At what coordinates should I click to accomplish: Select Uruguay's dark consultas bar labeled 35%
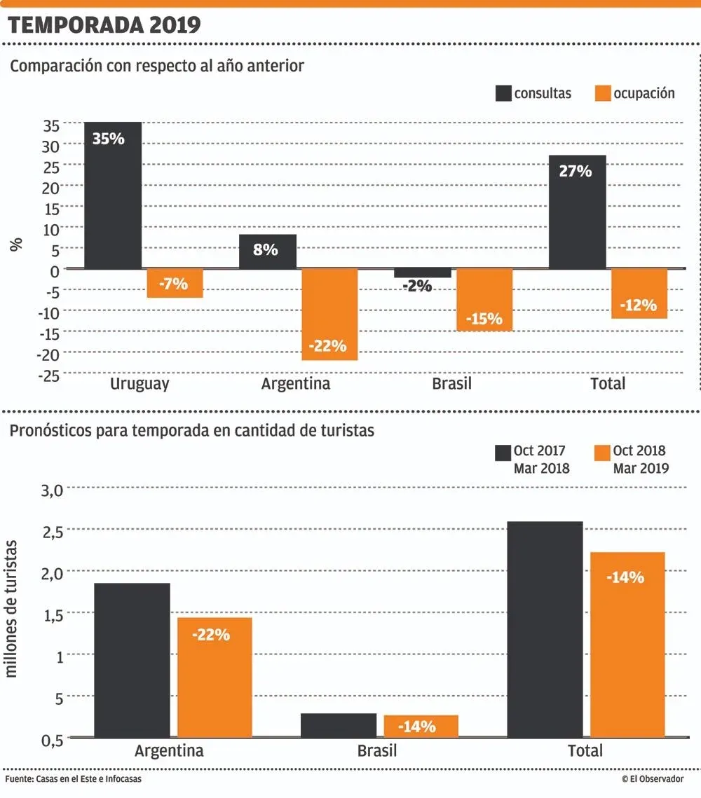[113, 195]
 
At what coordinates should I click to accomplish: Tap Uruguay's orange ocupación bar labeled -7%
[175, 283]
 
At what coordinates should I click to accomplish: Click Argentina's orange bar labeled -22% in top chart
[329, 315]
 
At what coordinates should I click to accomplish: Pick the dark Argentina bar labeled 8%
[268, 252]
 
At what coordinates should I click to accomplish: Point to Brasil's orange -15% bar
[484, 300]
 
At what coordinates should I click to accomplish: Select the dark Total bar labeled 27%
[577, 212]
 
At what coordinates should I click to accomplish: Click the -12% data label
[639, 305]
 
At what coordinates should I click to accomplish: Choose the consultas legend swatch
[503, 93]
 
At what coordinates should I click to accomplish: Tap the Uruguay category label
[139, 384]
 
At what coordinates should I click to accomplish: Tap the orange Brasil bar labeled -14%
[421, 727]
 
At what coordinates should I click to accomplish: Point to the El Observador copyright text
[652, 779]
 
